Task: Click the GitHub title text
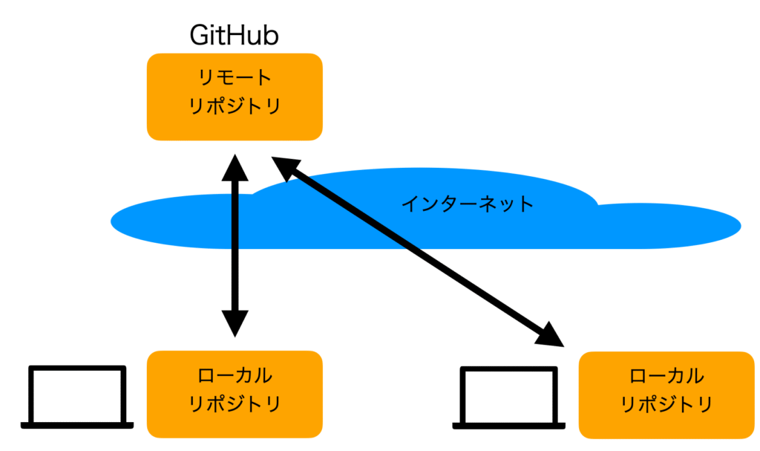234,35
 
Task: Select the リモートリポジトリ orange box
235,97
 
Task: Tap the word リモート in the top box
235,77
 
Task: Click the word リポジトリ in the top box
235,106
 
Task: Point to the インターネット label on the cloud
468,204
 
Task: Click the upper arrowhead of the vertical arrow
235,169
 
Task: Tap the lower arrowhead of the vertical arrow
235,323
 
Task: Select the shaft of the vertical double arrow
235,246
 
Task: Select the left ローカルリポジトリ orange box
235,395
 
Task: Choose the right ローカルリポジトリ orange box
666,395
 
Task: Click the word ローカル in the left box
235,375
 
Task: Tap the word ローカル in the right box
666,376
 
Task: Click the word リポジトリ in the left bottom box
235,403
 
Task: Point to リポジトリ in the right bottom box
666,404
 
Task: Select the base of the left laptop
77,426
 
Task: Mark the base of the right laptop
509,426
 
